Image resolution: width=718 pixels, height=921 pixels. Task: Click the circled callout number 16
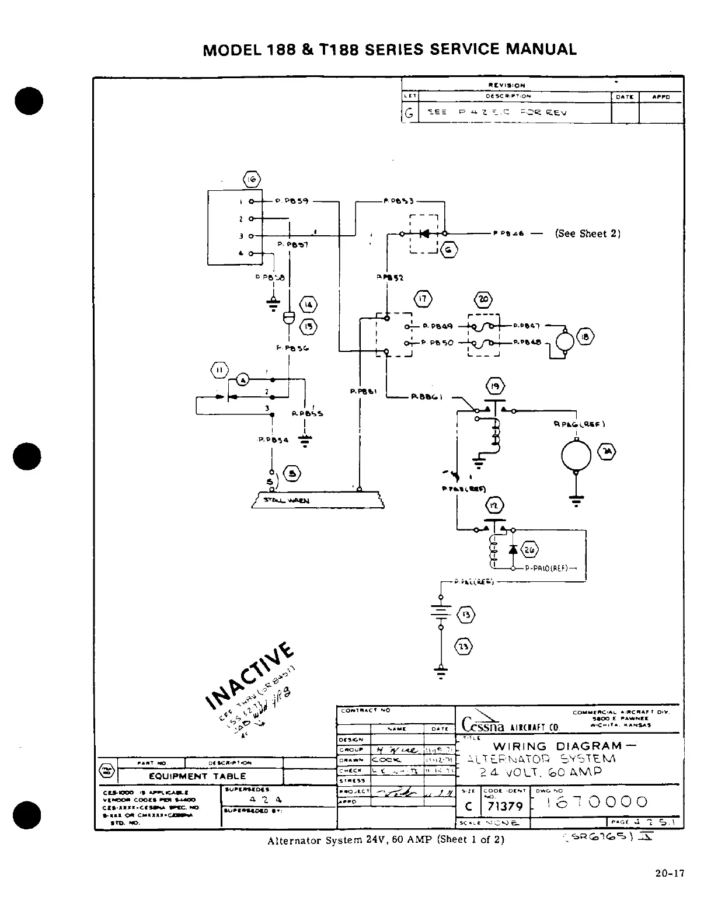point(252,179)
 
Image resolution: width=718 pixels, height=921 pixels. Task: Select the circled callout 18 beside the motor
point(585,337)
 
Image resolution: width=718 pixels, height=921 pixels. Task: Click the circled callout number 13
point(469,615)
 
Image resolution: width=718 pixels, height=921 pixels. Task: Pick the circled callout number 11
point(219,370)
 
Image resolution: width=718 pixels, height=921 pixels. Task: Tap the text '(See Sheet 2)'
point(587,233)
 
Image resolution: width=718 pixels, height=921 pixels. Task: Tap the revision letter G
point(410,114)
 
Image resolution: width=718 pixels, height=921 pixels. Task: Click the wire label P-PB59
point(287,201)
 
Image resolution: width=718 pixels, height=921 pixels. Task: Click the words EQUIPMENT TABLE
point(197,776)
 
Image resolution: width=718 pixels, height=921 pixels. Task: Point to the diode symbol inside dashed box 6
point(425,234)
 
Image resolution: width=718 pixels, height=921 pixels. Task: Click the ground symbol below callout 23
point(441,671)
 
